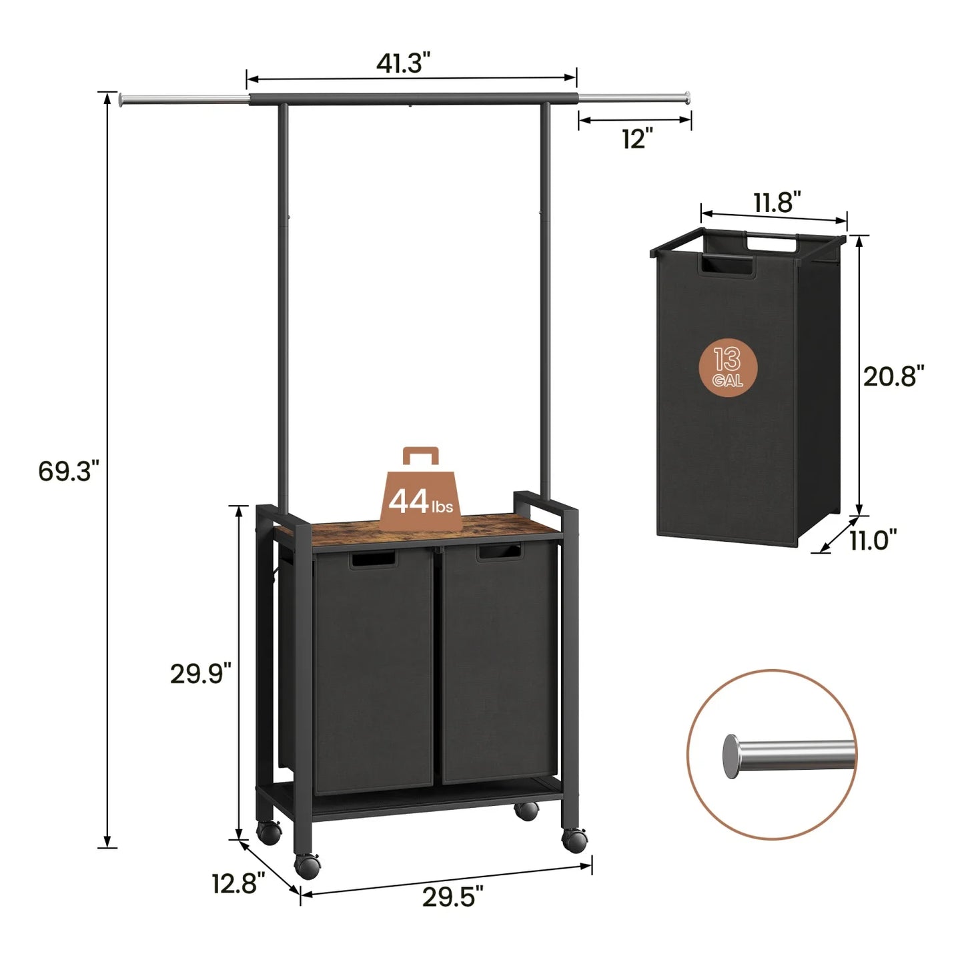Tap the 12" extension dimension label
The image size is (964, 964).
(636, 139)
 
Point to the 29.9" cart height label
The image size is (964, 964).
(200, 674)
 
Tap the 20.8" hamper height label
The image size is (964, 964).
(894, 377)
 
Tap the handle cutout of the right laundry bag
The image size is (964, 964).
(499, 552)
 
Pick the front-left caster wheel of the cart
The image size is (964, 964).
(308, 865)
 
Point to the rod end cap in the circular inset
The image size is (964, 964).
(732, 755)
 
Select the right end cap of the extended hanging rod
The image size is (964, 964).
(685, 97)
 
